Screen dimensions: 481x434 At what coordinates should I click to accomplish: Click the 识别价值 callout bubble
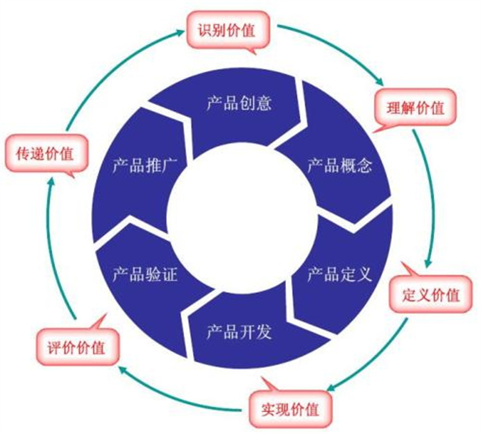pos(228,30)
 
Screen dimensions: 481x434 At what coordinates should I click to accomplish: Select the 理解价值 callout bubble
pos(416,107)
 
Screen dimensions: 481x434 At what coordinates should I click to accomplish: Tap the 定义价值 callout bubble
pos(430,294)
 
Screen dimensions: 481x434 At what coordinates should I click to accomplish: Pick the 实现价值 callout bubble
pos(290,409)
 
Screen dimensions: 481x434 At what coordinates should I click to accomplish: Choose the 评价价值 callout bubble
pos(77,347)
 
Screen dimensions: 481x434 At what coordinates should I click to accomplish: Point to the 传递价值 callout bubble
pos(46,153)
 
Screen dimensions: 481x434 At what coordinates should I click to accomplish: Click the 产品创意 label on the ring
pos(239,103)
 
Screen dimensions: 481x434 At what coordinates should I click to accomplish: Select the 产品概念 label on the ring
pos(340,166)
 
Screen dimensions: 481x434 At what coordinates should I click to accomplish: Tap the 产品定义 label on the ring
pos(340,274)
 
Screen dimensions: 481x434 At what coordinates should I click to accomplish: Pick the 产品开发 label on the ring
pos(239,332)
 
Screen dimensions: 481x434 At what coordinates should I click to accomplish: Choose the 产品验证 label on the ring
pos(145,274)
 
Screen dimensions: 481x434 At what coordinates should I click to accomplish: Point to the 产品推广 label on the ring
pos(145,166)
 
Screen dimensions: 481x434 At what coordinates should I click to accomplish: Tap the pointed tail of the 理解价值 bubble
pos(374,132)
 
